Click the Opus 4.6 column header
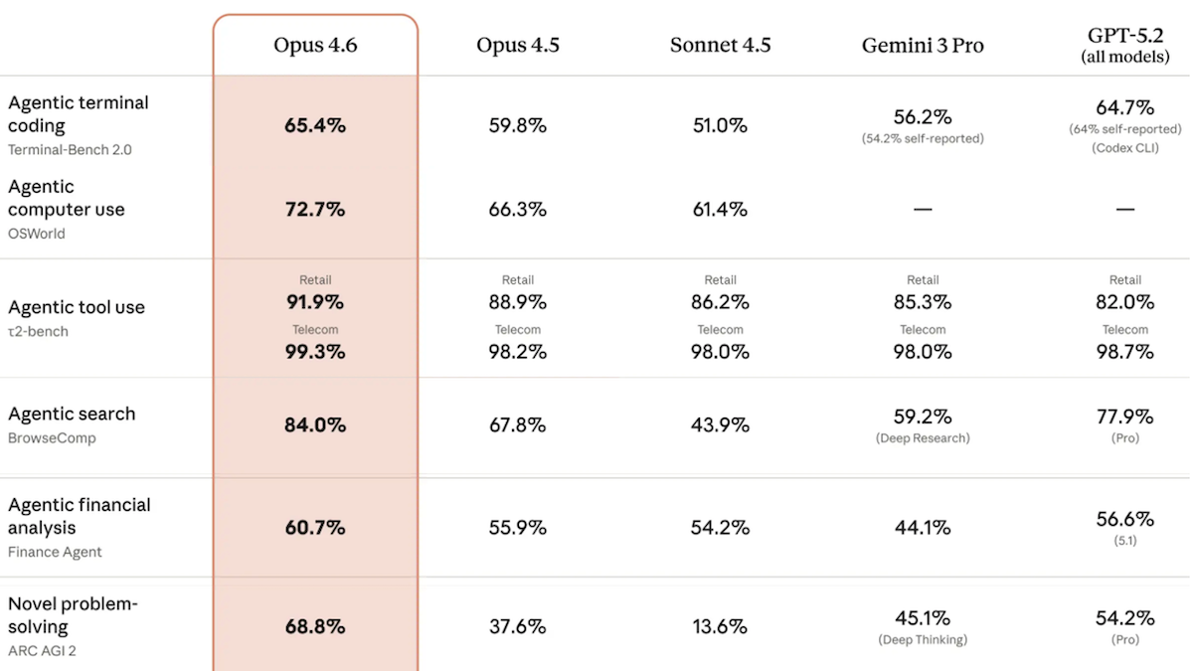315,46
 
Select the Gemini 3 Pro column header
923,46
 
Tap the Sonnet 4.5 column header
720,46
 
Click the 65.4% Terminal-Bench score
315,126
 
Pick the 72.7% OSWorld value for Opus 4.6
315,210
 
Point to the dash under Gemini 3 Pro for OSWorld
923,210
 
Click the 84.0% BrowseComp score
315,425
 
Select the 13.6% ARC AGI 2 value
720,627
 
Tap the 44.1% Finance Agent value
923,528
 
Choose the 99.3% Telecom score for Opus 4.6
315,352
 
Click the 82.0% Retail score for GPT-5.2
1125,302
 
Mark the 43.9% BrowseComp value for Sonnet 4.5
720,425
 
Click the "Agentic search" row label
72,415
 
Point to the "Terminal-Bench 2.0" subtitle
70,150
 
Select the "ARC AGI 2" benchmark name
42,651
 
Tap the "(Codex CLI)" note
1125,148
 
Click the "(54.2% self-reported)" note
923,139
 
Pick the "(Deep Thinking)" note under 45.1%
923,640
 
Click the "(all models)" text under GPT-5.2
1125,58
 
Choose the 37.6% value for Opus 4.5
517,627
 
